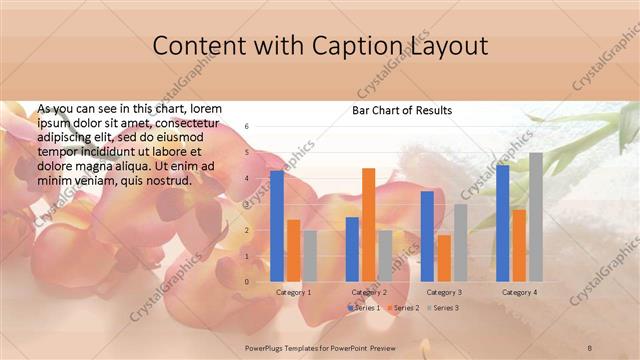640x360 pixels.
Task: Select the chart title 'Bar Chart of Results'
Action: point(401,110)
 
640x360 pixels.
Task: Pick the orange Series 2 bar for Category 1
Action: point(293,250)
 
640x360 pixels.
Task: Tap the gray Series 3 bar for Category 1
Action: point(309,255)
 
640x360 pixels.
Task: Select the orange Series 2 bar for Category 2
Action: point(368,224)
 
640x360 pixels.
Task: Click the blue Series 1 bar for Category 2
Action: point(352,249)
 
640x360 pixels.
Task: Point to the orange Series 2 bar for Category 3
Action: point(443,258)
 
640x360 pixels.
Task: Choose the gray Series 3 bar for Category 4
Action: point(535,217)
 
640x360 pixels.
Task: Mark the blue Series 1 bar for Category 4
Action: point(502,223)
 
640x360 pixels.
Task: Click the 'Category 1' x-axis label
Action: point(293,292)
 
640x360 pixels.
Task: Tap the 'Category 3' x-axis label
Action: point(443,292)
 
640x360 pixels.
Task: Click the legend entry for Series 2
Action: point(404,308)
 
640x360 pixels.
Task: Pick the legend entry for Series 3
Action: point(443,308)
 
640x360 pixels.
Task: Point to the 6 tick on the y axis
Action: point(247,127)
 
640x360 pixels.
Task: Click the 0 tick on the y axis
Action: point(247,281)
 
